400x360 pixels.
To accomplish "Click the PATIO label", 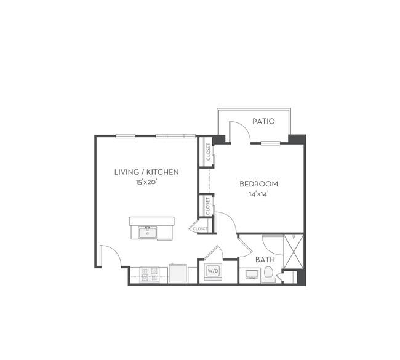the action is click(x=263, y=121).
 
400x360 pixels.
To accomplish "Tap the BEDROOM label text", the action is click(x=258, y=184).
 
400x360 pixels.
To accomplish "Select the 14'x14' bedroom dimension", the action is click(x=258, y=194).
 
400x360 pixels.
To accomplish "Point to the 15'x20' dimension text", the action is click(x=146, y=182).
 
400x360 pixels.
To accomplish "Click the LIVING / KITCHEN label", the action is click(x=146, y=172).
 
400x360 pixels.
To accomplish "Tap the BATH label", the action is click(x=265, y=260).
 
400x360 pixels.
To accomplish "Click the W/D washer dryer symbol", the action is click(x=213, y=271).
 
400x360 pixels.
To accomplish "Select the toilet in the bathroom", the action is click(x=268, y=275).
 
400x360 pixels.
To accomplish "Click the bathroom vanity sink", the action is click(x=252, y=275).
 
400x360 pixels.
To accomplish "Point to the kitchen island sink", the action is click(x=148, y=233).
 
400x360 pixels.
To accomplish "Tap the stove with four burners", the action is click(x=150, y=274).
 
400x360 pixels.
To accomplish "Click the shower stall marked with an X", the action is click(x=294, y=251).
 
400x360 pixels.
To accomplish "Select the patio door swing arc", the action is click(x=243, y=129).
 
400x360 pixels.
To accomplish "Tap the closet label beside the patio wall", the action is click(x=209, y=152).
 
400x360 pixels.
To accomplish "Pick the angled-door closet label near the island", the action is click(x=200, y=229).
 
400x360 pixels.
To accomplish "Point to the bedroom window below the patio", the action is click(x=270, y=143).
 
